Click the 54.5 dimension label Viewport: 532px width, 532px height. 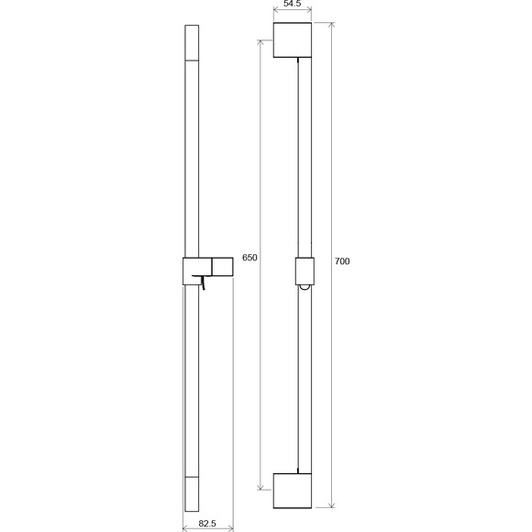[x=292, y=4]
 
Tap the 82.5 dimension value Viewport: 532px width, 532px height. [x=207, y=524]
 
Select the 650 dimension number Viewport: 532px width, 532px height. [x=249, y=258]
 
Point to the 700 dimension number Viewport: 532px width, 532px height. [x=342, y=261]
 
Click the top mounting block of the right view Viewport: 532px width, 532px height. [x=293, y=40]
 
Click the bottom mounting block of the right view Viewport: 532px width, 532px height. [x=293, y=491]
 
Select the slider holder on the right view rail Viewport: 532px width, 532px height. [x=305, y=272]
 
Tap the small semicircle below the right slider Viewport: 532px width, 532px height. [x=305, y=288]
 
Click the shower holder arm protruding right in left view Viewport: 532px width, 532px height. [x=222, y=267]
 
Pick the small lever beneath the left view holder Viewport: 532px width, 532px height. [x=200, y=281]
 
